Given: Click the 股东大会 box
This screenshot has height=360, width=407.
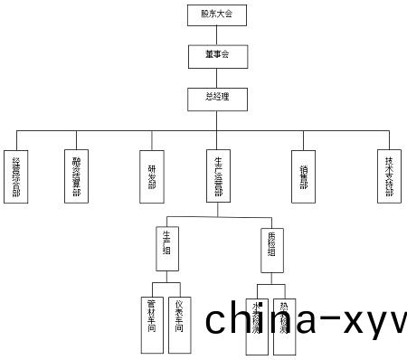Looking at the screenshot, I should point(217,14).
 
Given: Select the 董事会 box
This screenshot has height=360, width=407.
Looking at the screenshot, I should point(217,55).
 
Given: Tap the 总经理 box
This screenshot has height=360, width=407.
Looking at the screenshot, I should point(217,97).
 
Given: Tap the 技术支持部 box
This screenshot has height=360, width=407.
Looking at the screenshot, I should point(389,175).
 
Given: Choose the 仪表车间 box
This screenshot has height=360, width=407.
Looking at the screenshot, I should point(181,324).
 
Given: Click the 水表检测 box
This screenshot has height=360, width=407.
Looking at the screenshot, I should point(257,324).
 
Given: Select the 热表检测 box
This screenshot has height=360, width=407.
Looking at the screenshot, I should point(285,324).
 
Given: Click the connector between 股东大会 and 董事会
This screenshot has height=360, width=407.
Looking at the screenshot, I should point(217,34).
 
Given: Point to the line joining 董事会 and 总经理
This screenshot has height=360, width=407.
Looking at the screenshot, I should point(217,76).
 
